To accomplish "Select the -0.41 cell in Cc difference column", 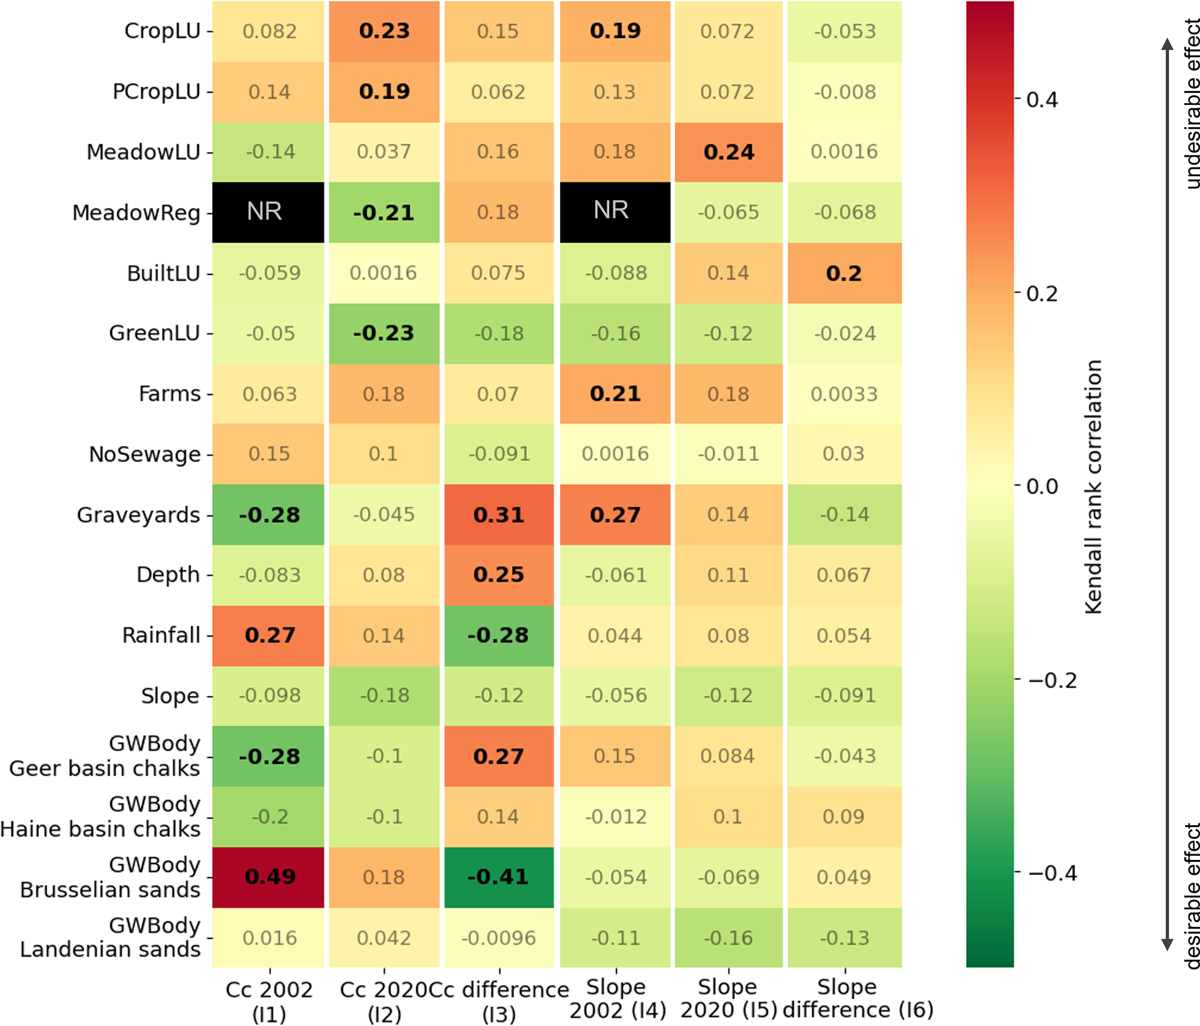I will click(x=499, y=876).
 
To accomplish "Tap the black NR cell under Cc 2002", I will click(x=268, y=212).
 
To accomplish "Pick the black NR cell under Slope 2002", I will click(x=615, y=212).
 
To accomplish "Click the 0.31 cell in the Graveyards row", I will click(x=499, y=515).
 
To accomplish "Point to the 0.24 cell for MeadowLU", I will click(x=729, y=152).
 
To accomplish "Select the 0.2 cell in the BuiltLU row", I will click(x=844, y=273).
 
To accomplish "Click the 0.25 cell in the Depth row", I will click(x=499, y=575).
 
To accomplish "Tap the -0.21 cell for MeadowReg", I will click(x=384, y=212).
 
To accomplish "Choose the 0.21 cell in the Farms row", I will click(x=615, y=394).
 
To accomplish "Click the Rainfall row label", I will click(x=161, y=635).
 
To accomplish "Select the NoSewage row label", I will click(x=145, y=454).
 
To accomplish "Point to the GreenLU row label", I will click(x=154, y=333).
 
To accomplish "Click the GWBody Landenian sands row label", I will click(x=110, y=937).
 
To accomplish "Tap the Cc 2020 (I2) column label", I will click(x=384, y=1002).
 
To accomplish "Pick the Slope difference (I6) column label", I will click(x=857, y=998).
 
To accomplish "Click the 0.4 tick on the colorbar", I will click(x=1042, y=100).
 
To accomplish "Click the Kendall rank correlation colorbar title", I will click(x=1094, y=486).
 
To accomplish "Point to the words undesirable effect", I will click(x=1190, y=104).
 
